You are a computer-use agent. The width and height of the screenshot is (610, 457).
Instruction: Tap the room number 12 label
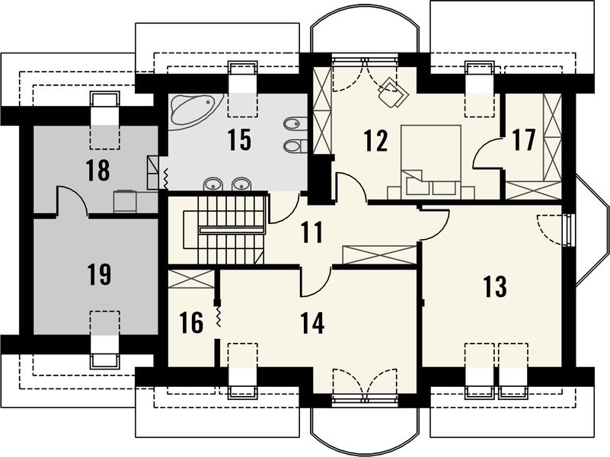tap(375, 140)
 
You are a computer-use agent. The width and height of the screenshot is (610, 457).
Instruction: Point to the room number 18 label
tap(98, 170)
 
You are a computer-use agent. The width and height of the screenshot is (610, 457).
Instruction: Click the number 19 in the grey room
tap(98, 273)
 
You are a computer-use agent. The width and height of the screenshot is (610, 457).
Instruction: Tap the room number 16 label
tap(192, 322)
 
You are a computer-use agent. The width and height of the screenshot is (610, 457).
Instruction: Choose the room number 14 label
tap(312, 322)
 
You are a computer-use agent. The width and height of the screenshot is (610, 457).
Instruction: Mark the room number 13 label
tap(494, 286)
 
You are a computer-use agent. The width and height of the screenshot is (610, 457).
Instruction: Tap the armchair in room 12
tap(393, 92)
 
